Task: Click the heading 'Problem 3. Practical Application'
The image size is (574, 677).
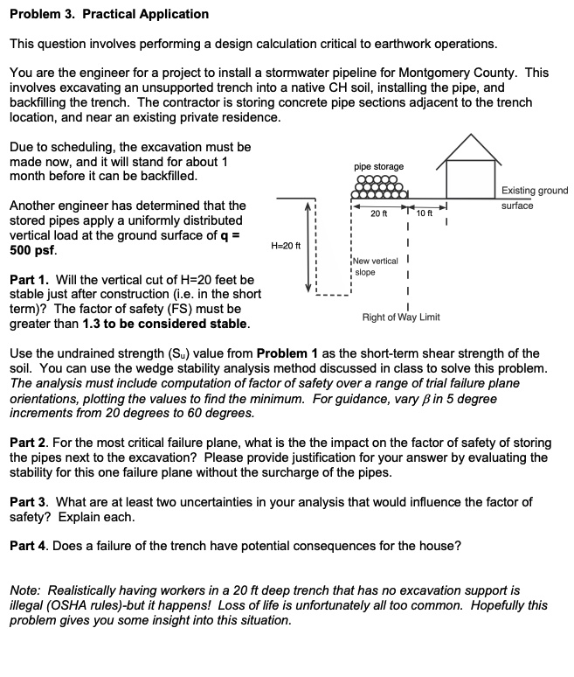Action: tap(109, 14)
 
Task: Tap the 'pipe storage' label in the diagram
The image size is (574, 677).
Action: tap(379, 165)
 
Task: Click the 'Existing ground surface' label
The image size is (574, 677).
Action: tap(534, 198)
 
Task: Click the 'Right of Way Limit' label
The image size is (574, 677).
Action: tap(401, 316)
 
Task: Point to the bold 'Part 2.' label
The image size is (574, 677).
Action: tap(30, 443)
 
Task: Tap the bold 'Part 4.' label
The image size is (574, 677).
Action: tap(30, 546)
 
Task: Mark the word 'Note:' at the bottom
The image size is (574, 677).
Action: tap(24, 590)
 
